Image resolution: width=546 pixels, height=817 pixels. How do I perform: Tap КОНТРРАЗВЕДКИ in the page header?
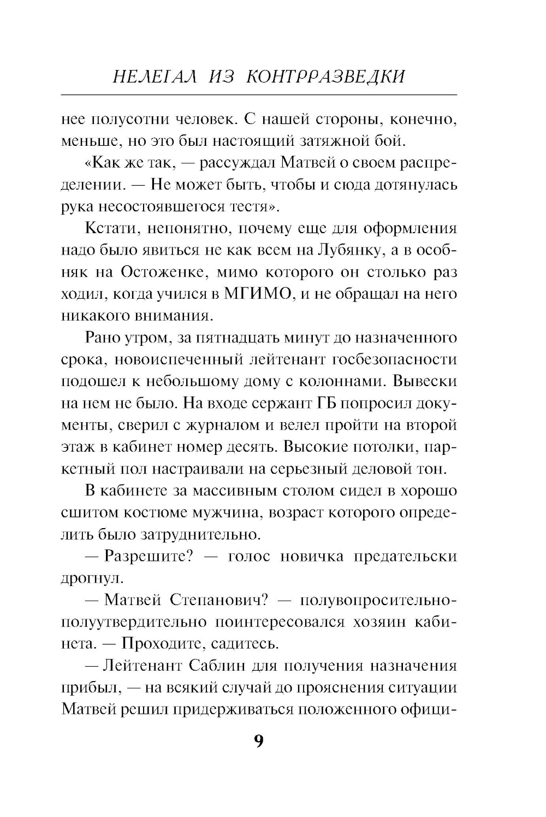pos(326,77)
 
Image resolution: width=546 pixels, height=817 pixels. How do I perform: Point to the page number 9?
pos(259,742)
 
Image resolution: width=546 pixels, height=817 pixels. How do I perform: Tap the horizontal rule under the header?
pos(259,94)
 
